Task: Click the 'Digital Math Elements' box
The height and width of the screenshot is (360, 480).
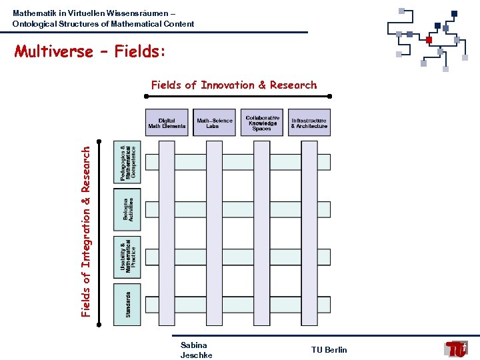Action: pos(167,123)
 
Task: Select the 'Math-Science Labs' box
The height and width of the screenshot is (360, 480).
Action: pos(215,123)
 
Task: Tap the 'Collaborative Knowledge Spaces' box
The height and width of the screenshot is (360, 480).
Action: pos(262,123)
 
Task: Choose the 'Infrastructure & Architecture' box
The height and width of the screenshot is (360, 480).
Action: pos(309,123)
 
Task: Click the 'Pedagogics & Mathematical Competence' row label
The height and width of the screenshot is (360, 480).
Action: pos(127,162)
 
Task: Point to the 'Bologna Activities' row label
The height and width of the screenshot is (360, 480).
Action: pos(127,209)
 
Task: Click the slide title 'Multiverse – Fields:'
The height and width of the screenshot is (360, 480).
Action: pos(89,51)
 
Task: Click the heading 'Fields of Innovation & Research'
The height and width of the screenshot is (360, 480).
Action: pos(234,85)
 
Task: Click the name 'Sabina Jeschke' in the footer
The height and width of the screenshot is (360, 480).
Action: pos(196,350)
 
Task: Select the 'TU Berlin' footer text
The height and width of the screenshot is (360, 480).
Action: pos(329,350)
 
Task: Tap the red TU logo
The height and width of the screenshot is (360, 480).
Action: pos(457,349)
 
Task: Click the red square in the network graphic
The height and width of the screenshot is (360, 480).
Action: pos(429,39)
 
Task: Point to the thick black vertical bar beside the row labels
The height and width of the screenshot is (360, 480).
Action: pos(99,232)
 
